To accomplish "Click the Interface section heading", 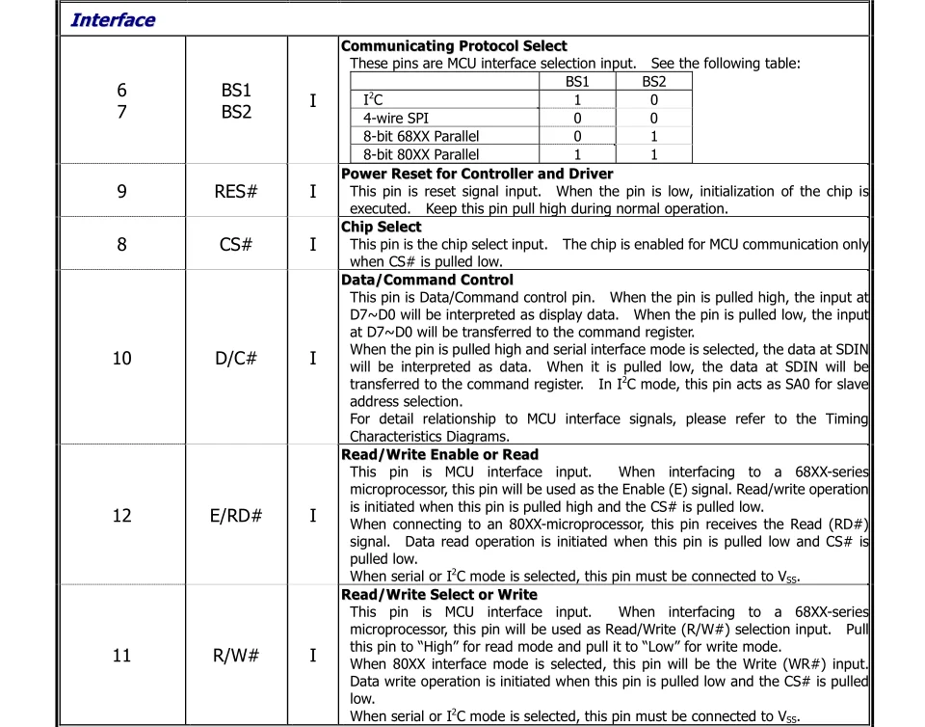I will click(x=113, y=20).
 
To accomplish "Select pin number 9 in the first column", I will click(x=121, y=191).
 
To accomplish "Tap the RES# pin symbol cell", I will click(x=236, y=191).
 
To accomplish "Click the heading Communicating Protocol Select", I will click(x=454, y=46).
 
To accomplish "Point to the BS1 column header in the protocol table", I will click(x=577, y=82).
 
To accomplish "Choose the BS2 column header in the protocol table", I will click(x=653, y=82).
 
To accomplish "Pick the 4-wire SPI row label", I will click(x=396, y=119).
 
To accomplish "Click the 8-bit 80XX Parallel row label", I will click(x=420, y=154).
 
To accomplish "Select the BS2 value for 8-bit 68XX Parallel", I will click(x=653, y=137).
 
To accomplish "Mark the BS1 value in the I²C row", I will click(x=577, y=100).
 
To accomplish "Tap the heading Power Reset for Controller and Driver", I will click(x=477, y=174).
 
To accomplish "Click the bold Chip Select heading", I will click(x=382, y=227).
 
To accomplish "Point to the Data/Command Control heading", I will click(x=428, y=280).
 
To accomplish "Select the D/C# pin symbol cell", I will click(x=236, y=359).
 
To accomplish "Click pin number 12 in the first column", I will click(x=121, y=515).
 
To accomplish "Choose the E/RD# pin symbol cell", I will click(x=236, y=515).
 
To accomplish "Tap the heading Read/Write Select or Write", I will click(x=439, y=595).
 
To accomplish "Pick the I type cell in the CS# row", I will click(x=312, y=244).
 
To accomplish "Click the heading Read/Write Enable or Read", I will click(x=440, y=454).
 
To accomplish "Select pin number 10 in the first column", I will click(x=121, y=359).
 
